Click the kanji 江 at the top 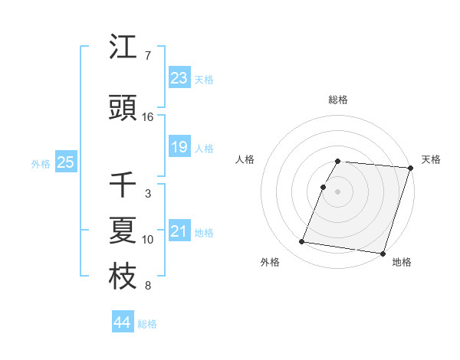pyautogui.click(x=123, y=48)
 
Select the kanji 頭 pyautogui.click(x=123, y=109)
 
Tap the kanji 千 pyautogui.click(x=123, y=185)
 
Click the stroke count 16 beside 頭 pyautogui.click(x=147, y=117)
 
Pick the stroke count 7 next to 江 pyautogui.click(x=147, y=56)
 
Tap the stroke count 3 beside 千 pyautogui.click(x=147, y=194)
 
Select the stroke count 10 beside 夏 pyautogui.click(x=147, y=240)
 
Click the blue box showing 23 pyautogui.click(x=179, y=77)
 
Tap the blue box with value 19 pyautogui.click(x=179, y=147)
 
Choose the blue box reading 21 pyautogui.click(x=179, y=231)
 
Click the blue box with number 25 pyautogui.click(x=65, y=162)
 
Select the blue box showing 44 pyautogui.click(x=122, y=322)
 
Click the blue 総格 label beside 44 pyautogui.click(x=147, y=324)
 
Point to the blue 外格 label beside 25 pyautogui.click(x=41, y=163)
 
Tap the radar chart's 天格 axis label pyautogui.click(x=431, y=159)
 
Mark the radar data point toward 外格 pyautogui.click(x=301, y=242)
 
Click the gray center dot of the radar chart pyautogui.click(x=337, y=191)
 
